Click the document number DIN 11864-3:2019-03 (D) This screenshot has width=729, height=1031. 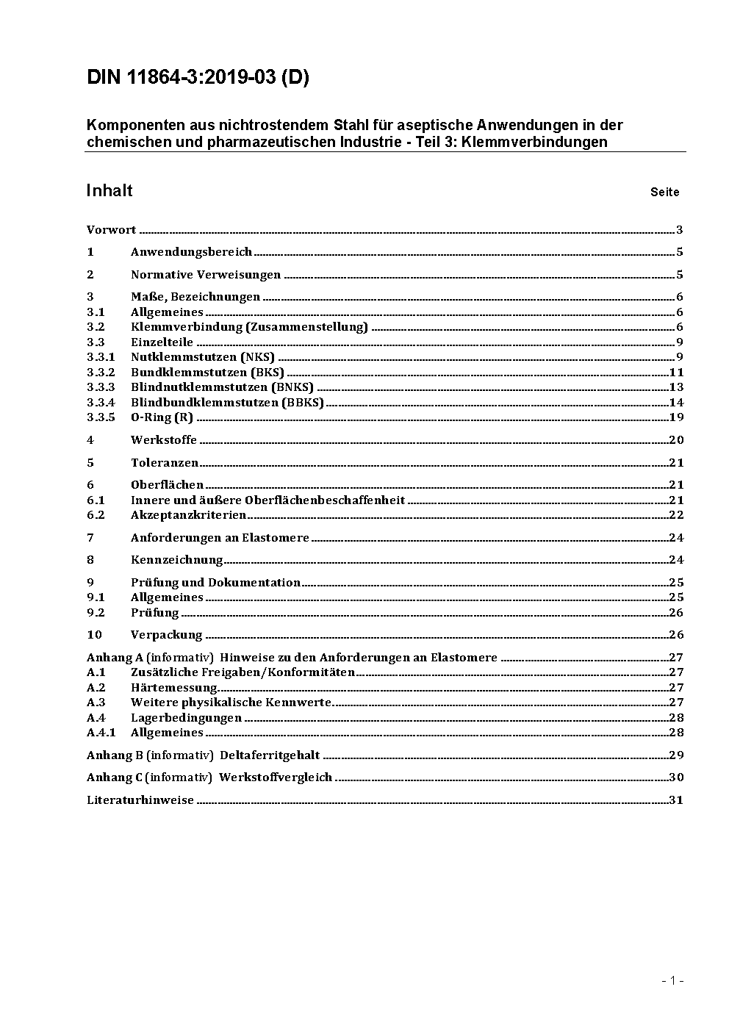(198, 77)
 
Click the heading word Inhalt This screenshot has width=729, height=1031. (109, 191)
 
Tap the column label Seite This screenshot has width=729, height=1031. (664, 193)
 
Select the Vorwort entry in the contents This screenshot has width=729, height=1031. (111, 230)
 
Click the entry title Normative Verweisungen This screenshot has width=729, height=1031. (206, 275)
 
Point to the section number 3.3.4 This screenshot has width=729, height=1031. (101, 403)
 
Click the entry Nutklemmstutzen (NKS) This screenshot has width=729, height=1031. (203, 357)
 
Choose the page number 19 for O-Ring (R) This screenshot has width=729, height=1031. (676, 417)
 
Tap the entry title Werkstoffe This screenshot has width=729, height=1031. (164, 440)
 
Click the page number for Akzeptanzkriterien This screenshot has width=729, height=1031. (676, 515)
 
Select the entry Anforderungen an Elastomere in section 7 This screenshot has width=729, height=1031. (220, 538)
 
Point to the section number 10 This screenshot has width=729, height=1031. (94, 635)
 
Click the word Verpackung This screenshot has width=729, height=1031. (166, 635)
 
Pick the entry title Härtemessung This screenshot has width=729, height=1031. (174, 688)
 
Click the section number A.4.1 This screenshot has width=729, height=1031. (101, 733)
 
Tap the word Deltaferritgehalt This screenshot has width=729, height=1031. (270, 755)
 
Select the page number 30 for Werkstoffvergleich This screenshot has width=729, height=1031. (676, 777)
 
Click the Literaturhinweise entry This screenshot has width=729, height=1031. (140, 800)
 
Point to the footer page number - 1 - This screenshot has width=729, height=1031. (672, 980)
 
